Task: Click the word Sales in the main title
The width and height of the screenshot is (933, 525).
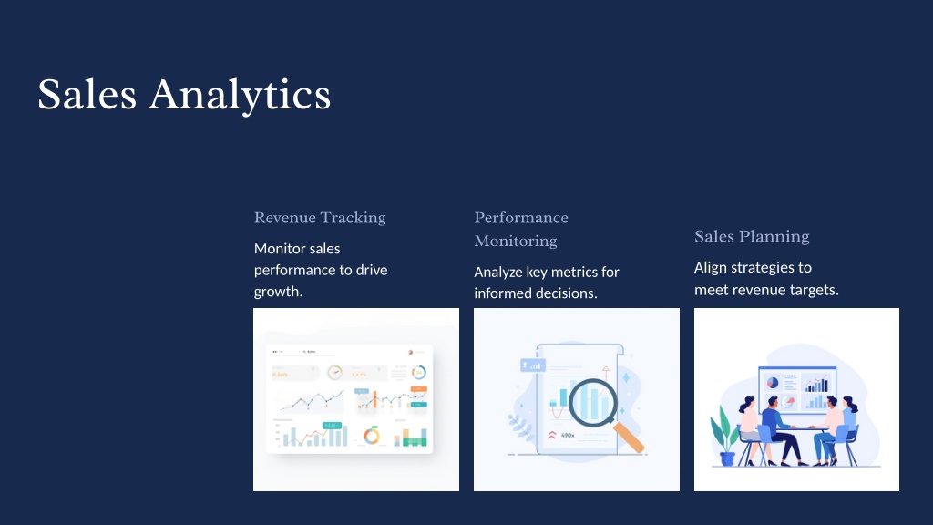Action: coord(87,95)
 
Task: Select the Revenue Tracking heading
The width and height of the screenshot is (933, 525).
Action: coord(320,218)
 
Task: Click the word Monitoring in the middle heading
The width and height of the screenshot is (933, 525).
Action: coord(516,241)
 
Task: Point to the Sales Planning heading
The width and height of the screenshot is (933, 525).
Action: coord(752,237)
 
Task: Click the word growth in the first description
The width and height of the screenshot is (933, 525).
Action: coord(277,292)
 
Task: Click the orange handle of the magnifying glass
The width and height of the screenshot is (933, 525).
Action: coord(629,437)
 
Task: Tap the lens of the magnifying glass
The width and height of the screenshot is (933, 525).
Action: coord(593,402)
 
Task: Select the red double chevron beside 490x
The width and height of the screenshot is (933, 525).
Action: coord(551,435)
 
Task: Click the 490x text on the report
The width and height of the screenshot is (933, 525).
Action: coord(568,435)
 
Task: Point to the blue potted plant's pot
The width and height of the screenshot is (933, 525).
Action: coord(727,459)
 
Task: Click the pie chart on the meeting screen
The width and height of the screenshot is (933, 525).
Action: coord(773,382)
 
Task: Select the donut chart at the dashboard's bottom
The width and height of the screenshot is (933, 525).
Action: coord(372,436)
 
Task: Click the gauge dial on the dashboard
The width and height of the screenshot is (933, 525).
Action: coord(335,373)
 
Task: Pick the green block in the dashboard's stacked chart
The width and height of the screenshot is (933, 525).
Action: coord(415,441)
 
